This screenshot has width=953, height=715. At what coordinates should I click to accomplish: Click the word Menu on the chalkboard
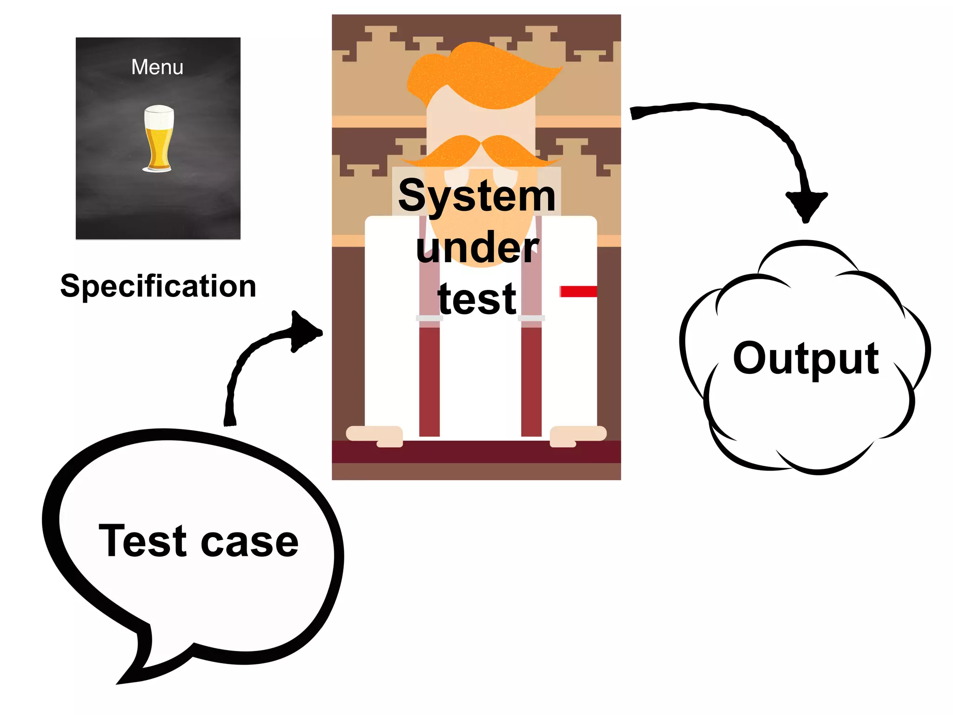[157, 67]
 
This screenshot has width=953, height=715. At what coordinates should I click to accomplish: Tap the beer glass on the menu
[158, 138]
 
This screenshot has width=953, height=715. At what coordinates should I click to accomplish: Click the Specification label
[158, 286]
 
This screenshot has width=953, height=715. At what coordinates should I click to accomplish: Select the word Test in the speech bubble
[142, 541]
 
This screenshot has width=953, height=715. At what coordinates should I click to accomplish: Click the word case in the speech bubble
[249, 543]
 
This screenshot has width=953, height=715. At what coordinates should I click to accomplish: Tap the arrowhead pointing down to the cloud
[806, 205]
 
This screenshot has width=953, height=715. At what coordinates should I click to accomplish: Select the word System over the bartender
[477, 196]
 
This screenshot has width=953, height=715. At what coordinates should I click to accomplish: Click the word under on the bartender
[477, 248]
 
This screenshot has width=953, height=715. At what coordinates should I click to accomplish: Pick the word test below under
[477, 299]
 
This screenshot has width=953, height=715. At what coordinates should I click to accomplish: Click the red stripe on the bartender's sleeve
[578, 291]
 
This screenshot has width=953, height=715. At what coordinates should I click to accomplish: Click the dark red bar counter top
[476, 452]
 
